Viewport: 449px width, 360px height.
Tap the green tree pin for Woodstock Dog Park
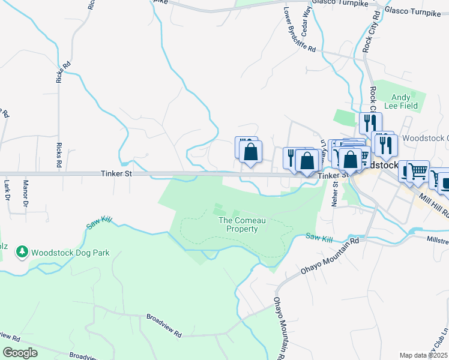pyautogui.click(x=23, y=252)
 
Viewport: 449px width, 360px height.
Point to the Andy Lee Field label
pyautogui.click(x=401, y=101)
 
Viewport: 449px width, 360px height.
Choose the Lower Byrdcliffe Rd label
pyautogui.click(x=300, y=29)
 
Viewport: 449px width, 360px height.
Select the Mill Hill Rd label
pyautogui.click(x=434, y=204)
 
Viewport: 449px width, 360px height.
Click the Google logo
pyautogui.click(x=20, y=353)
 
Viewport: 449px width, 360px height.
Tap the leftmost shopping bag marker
pyautogui.click(x=250, y=152)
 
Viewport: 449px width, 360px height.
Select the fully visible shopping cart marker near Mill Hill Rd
pyautogui.click(x=418, y=172)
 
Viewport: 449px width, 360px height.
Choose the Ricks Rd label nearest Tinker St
pyautogui.click(x=59, y=154)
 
